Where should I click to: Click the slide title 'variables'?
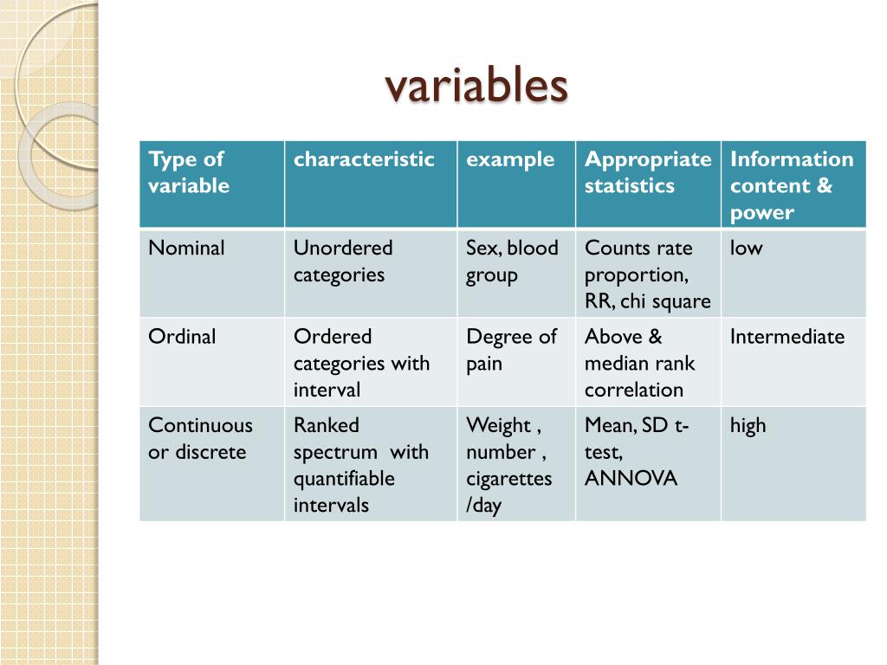[476, 87]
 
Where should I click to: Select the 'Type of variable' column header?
[189, 172]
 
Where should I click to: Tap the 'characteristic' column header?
[364, 159]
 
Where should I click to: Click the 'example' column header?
[510, 159]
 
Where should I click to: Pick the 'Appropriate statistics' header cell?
[647, 172]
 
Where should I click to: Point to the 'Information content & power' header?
[791, 185]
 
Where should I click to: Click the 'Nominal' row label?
[186, 249]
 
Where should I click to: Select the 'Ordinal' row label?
[182, 337]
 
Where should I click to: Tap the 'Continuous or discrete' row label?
[200, 438]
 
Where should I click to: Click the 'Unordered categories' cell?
[342, 261]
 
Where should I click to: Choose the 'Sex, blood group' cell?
[512, 261]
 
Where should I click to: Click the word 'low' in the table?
[746, 249]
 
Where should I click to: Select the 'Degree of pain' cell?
[511, 349]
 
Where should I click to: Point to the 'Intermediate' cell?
[787, 337]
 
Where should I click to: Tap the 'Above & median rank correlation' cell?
[639, 363]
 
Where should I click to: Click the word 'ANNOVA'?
[631, 479]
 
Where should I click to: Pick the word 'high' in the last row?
[748, 425]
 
